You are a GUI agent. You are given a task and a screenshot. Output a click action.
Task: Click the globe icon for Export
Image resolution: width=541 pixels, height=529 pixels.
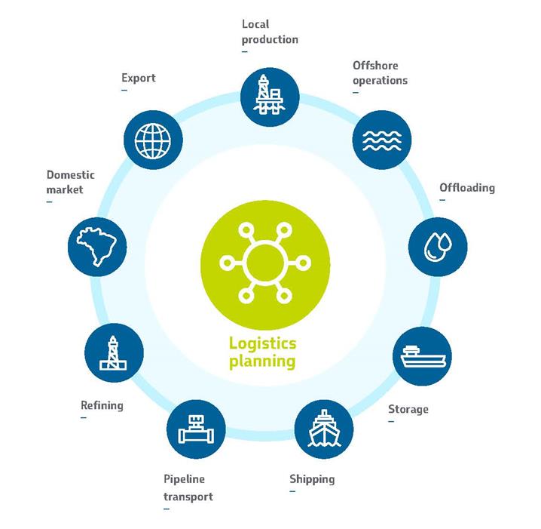click(153, 140)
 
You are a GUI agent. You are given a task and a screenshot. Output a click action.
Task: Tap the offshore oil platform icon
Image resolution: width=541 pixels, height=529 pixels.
click(270, 94)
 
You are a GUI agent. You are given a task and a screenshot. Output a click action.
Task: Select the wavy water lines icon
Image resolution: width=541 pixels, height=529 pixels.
click(382, 140)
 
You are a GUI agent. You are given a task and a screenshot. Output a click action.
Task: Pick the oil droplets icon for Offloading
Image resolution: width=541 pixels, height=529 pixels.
click(438, 247)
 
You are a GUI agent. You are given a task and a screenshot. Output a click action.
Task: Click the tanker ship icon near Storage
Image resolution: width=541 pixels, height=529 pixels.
click(423, 356)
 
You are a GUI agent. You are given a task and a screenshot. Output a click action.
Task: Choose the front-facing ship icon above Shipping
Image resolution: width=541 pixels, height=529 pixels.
click(324, 429)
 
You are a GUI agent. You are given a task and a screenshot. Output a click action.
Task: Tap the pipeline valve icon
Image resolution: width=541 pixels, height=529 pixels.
click(196, 429)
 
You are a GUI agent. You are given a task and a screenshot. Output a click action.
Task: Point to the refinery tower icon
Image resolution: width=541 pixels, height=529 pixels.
click(113, 353)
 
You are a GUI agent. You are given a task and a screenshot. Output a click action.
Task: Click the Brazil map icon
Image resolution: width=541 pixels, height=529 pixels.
click(97, 246)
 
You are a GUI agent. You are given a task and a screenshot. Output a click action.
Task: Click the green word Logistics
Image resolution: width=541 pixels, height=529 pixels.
click(262, 344)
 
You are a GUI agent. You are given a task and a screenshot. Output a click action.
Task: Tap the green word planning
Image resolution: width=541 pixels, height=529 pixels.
click(262, 361)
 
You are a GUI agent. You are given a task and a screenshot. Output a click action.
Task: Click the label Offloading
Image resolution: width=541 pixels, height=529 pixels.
click(467, 188)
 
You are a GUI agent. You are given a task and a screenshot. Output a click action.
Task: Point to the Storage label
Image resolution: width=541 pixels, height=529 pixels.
click(408, 410)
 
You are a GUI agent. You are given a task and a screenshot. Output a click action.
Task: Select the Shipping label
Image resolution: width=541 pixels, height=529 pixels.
click(312, 479)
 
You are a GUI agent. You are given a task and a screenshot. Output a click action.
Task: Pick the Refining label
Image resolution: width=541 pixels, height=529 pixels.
click(102, 405)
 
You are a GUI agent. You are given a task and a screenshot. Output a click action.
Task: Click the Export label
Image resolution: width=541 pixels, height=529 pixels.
click(139, 78)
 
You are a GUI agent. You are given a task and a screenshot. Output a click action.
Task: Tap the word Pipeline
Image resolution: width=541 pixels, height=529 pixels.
click(184, 479)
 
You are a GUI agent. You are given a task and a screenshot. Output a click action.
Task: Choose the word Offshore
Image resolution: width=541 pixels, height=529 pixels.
click(375, 66)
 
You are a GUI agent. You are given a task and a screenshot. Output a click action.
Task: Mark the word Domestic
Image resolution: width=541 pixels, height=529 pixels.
click(70, 175)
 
